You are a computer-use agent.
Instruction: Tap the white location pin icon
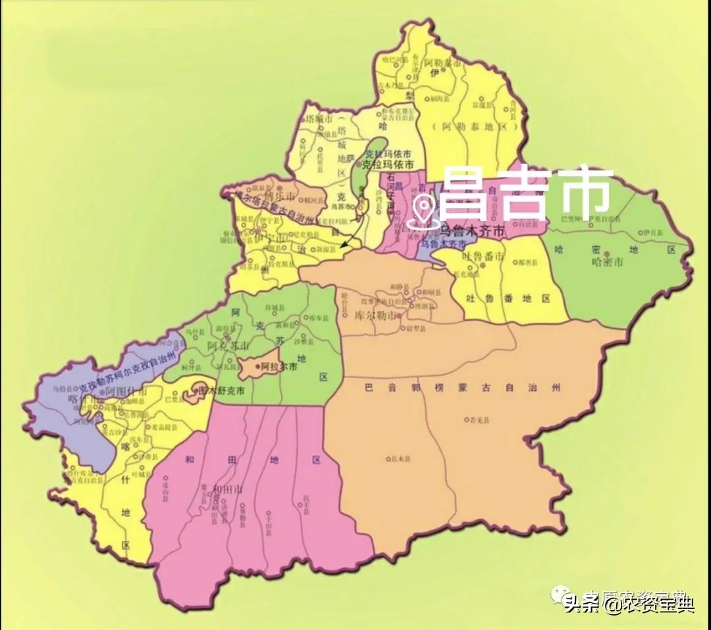point(421,213)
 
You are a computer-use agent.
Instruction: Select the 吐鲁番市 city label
point(483,255)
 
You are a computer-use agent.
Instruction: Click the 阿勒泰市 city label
point(442,63)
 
